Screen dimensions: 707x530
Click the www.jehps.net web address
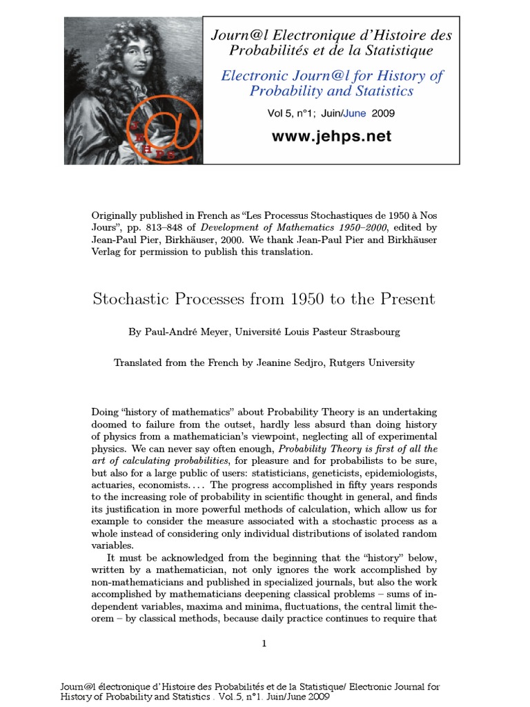(331, 137)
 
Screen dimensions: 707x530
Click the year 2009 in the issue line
(383, 113)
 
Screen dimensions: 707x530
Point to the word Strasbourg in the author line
(373, 332)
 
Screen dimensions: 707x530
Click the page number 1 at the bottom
(264, 644)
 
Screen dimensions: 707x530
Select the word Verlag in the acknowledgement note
(108, 252)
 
